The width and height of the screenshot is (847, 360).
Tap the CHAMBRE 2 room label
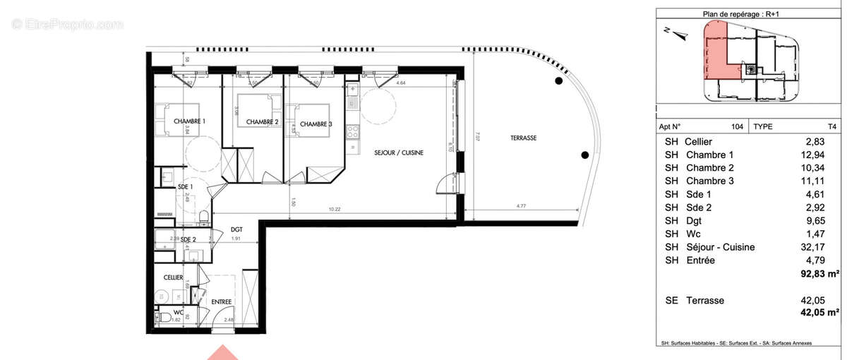262,122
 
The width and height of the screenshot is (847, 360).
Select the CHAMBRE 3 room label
316,124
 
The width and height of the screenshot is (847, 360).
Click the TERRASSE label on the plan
523,138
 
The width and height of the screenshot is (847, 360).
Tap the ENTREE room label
222,302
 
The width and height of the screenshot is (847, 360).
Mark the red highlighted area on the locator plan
716,53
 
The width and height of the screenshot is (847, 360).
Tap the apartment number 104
738,127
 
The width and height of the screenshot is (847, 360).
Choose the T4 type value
832,127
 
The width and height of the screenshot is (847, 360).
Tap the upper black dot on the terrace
558,83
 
